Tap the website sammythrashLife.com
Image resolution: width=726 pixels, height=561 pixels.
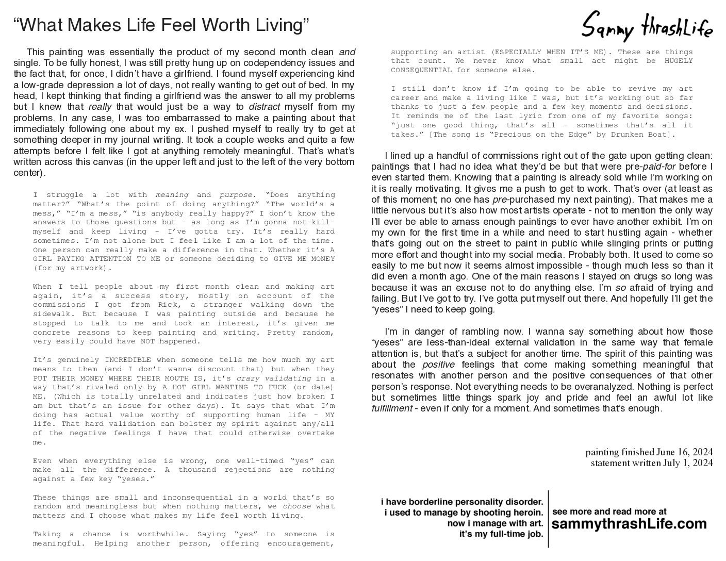coord(629,524)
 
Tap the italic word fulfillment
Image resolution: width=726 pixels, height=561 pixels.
coord(392,408)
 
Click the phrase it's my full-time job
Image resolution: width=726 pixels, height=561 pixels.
coord(501,534)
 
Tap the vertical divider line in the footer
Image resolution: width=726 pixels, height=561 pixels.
coord(548,518)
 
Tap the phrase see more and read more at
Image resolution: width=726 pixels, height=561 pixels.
coord(609,511)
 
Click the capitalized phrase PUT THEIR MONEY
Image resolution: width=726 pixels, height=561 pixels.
coord(66,378)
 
